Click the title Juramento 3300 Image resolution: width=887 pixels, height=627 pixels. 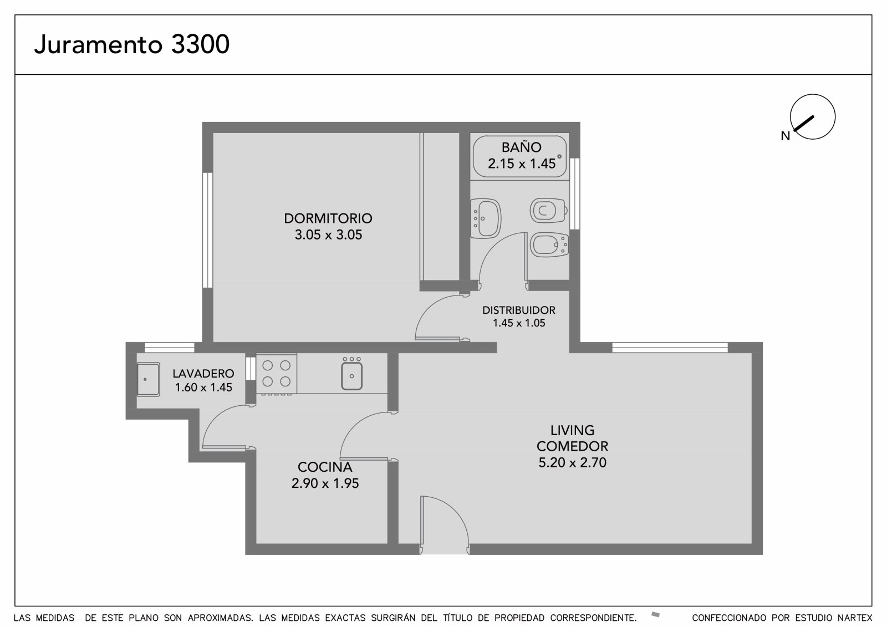[x=132, y=44]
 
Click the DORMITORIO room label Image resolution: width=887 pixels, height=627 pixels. [x=328, y=218]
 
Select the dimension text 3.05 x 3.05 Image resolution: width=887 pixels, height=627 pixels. [x=328, y=235]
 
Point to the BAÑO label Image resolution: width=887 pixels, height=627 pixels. [x=521, y=147]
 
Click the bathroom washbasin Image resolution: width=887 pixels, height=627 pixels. [x=486, y=218]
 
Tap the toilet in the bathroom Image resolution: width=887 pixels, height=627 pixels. [x=549, y=210]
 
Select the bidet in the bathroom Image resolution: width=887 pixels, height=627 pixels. [x=549, y=245]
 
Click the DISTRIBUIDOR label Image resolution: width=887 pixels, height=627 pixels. [x=519, y=310]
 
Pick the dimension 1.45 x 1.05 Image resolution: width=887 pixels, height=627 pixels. [x=519, y=323]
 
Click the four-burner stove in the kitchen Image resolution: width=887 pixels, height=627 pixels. [x=277, y=374]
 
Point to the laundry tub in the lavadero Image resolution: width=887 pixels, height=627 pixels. [x=149, y=379]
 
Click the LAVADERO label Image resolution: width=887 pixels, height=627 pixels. [x=203, y=374]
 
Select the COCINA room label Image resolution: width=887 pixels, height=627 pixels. [x=325, y=467]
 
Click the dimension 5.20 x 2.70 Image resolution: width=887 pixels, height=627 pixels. [x=572, y=462]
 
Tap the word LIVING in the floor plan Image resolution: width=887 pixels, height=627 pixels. [x=572, y=430]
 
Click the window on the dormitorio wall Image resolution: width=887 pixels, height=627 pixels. [x=207, y=230]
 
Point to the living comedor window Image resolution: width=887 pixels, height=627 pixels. [x=670, y=348]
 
